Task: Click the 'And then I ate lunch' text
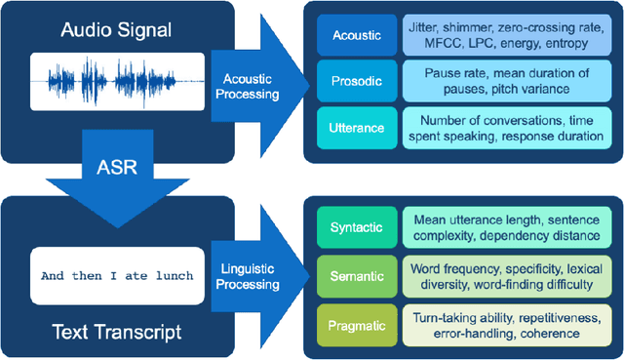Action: pyautogui.click(x=122, y=275)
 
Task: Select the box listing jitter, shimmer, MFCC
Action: pyautogui.click(x=500, y=35)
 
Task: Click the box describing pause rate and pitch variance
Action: pyautogui.click(x=500, y=82)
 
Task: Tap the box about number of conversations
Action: pyautogui.click(x=500, y=129)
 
